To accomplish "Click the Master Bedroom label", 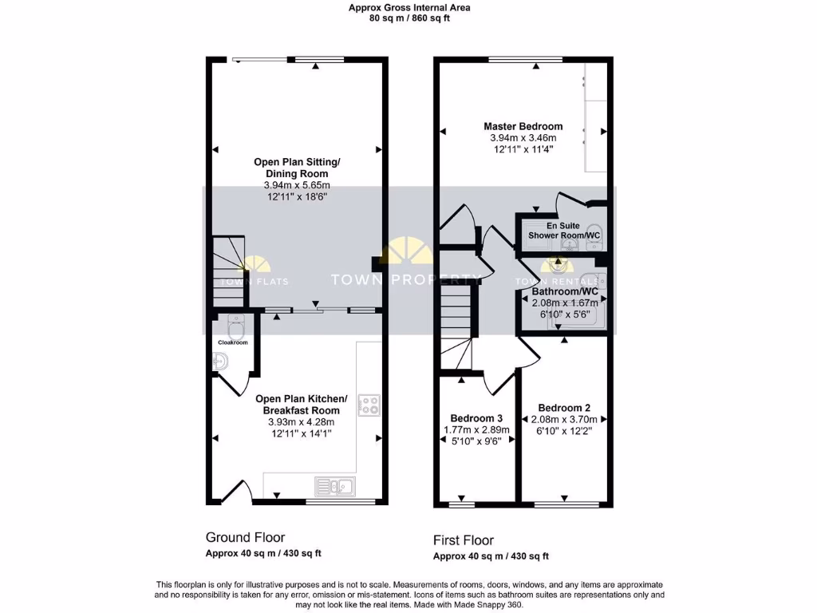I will coord(523,126).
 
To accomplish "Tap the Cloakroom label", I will coord(232,342).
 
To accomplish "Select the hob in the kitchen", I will coord(369,405).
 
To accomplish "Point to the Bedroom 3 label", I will coord(476,418).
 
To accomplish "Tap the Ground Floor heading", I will coord(245,537).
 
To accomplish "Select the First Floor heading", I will coord(464,540).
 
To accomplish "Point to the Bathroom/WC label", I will coord(565,292).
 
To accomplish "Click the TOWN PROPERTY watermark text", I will coord(405,279).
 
